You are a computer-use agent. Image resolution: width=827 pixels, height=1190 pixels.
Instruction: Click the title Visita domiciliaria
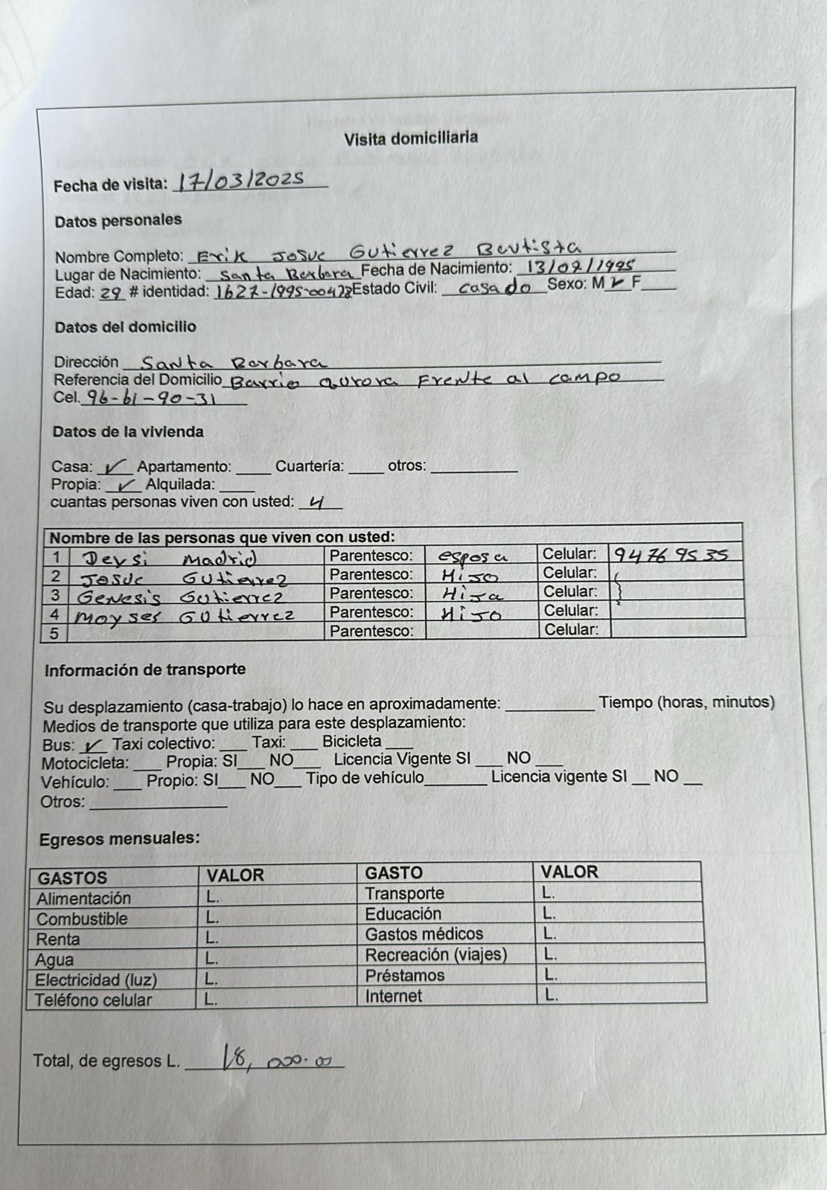pyautogui.click(x=411, y=138)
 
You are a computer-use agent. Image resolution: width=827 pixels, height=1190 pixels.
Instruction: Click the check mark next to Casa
pyautogui.click(x=116, y=467)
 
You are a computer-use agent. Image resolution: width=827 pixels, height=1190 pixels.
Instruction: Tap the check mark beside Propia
pyautogui.click(x=124, y=485)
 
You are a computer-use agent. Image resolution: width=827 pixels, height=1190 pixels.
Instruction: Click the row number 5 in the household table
pyautogui.click(x=54, y=632)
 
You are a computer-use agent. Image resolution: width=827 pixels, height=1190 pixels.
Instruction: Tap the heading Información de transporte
pyautogui.click(x=145, y=669)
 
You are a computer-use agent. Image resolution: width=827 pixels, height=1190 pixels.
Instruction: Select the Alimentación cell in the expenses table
pyautogui.click(x=84, y=898)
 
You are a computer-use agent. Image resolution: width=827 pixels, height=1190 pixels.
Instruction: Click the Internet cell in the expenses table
pyautogui.click(x=394, y=996)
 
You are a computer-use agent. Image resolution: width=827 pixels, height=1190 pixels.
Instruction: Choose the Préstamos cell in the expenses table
pyautogui.click(x=405, y=975)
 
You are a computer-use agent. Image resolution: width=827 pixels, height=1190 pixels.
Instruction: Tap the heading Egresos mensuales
pyautogui.click(x=120, y=839)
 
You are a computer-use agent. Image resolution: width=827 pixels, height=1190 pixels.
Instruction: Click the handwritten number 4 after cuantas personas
pyautogui.click(x=318, y=504)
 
